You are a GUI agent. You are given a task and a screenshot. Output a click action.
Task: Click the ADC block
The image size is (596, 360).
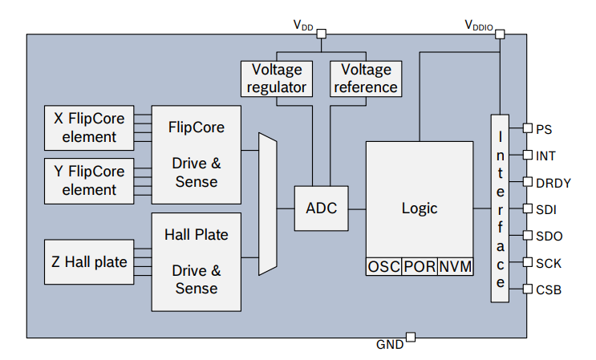(321, 208)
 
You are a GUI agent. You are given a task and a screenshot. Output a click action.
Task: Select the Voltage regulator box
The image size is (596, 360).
(277, 78)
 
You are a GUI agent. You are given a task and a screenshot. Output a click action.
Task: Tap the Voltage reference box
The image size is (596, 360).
(365, 78)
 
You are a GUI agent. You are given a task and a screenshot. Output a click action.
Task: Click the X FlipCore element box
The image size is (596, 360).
(89, 127)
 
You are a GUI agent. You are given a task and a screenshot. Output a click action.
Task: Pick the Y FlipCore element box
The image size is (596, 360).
(89, 180)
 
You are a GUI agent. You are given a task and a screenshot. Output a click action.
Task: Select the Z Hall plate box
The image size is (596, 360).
(89, 261)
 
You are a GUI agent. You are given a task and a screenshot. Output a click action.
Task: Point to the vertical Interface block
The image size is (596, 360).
(500, 208)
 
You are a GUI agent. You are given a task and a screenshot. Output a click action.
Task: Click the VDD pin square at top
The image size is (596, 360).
(322, 34)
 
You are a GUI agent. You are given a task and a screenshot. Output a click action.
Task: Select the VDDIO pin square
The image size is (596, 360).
(500, 34)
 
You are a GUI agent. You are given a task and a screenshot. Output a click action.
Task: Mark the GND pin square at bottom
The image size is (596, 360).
(410, 337)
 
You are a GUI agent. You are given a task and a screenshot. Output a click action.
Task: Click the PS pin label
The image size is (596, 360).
(544, 128)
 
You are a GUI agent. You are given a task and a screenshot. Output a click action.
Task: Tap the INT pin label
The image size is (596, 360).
(545, 155)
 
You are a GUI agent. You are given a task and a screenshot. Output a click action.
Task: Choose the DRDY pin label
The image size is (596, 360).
(553, 182)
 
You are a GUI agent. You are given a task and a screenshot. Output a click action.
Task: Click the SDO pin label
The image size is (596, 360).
(548, 236)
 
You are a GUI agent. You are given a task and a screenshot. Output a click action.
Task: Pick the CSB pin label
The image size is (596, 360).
(548, 289)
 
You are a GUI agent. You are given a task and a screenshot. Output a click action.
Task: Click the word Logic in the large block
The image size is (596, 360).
(419, 208)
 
